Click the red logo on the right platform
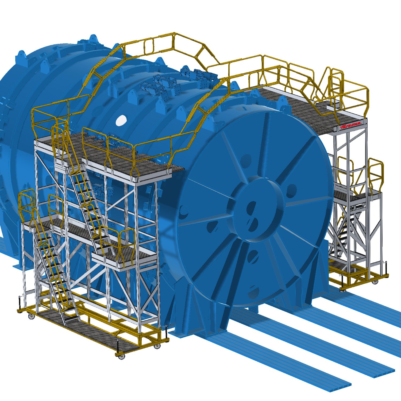350,125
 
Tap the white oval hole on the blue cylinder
121,120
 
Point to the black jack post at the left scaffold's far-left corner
20,302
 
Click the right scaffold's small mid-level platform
353,196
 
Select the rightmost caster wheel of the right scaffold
376,282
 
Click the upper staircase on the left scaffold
86,198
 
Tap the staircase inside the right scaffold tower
345,235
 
